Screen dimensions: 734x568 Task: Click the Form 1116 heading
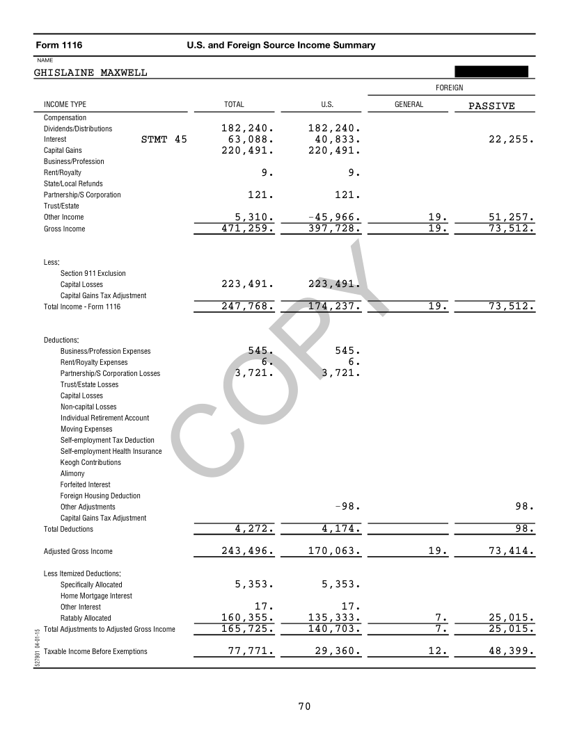[x=59, y=45]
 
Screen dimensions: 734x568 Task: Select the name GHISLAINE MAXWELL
[x=90, y=72]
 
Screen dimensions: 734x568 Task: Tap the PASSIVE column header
[x=491, y=106]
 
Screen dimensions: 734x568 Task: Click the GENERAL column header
[x=409, y=104]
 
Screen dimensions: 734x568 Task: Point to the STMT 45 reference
[x=164, y=139]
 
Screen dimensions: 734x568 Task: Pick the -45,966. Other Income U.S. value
[x=334, y=217]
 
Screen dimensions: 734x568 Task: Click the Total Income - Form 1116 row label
[x=82, y=307]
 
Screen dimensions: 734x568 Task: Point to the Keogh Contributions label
[x=90, y=462]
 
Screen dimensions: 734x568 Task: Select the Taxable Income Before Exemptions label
[x=95, y=651]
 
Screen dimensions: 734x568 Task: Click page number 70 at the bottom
[x=304, y=707]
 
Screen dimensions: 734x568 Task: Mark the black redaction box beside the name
[x=491, y=71]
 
